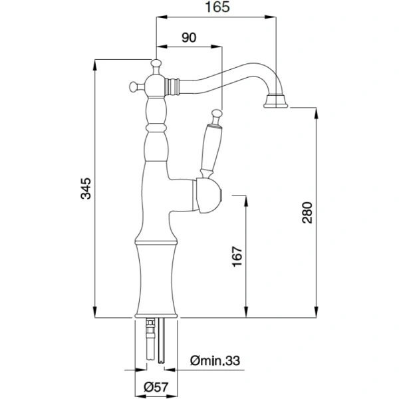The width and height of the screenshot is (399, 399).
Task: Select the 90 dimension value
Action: pyautogui.click(x=188, y=38)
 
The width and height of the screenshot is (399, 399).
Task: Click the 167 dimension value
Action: pyautogui.click(x=238, y=255)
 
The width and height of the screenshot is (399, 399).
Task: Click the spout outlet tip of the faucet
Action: pyautogui.click(x=276, y=102)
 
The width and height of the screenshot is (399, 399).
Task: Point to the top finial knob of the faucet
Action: pyautogui.click(x=157, y=64)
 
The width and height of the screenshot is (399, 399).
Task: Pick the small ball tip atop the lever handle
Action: pyautogui.click(x=215, y=112)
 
